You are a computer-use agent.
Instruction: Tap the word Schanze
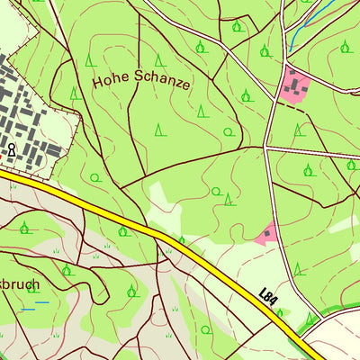tap(159, 84)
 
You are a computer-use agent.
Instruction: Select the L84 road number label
tap(267, 295)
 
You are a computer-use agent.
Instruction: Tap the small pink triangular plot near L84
tap(266, 234)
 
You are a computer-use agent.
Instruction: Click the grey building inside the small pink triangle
tap(267, 233)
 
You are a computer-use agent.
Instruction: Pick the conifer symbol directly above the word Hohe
tap(90, 60)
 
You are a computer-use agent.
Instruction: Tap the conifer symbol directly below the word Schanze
tap(159, 129)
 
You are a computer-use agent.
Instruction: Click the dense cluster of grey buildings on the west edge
tap(27, 117)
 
